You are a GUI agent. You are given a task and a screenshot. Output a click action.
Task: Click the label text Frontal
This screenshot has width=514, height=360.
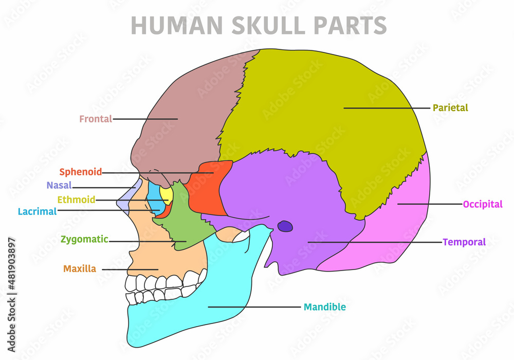96,119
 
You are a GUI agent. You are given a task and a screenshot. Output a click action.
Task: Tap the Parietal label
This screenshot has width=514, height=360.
450,108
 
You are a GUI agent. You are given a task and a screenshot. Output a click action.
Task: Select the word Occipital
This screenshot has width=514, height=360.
482,204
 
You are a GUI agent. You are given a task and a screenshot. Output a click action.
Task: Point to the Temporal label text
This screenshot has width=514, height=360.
464,242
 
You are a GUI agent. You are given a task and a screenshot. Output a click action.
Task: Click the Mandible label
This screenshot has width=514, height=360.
324,307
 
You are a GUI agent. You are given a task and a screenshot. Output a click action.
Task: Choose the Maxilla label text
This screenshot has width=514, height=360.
80,268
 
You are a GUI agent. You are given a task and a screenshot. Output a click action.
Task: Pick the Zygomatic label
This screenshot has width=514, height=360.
84,239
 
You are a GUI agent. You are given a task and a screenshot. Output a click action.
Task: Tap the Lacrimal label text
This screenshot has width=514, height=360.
37,211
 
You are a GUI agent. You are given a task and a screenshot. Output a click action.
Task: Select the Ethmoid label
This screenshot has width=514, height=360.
76,200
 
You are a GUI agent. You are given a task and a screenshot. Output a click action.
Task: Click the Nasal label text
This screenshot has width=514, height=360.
59,186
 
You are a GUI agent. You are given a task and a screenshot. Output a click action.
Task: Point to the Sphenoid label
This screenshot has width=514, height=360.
80,172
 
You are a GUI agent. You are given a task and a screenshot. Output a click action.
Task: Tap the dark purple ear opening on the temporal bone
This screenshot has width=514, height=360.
284,226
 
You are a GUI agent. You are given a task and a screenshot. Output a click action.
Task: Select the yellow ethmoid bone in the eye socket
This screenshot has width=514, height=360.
166,194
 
